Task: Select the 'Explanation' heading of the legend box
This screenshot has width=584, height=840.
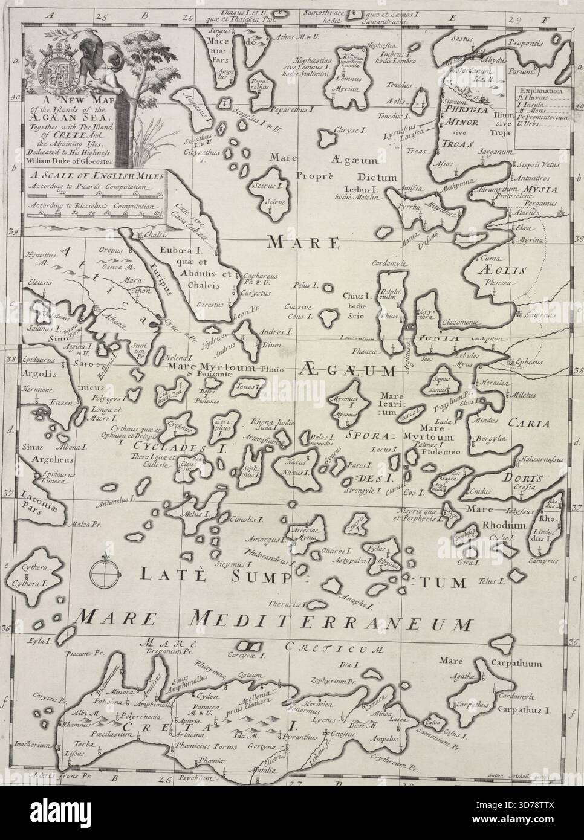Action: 541,92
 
